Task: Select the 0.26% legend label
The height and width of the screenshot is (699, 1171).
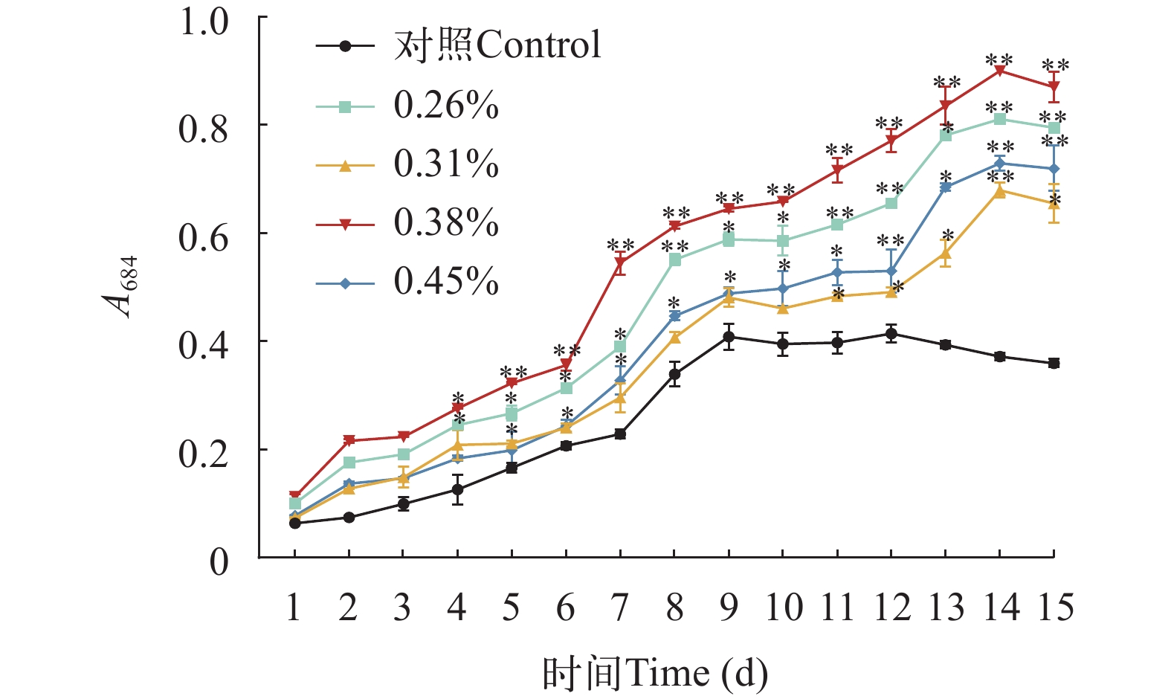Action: [x=446, y=106]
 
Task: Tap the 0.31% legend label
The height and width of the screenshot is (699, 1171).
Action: [x=446, y=164]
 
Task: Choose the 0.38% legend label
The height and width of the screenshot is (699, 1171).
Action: [x=446, y=222]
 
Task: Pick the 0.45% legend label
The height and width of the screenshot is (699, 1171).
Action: [x=446, y=282]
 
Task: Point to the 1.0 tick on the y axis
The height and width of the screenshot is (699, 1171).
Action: [x=204, y=22]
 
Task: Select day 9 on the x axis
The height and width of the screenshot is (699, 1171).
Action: [x=729, y=608]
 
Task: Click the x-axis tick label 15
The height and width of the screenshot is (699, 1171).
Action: [x=1054, y=608]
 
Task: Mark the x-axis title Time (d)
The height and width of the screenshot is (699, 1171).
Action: [x=654, y=674]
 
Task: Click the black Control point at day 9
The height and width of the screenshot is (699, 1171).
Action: [x=729, y=337]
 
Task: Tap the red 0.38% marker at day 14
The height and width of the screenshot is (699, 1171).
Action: [x=1000, y=71]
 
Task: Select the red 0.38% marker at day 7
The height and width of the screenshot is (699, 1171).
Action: [x=620, y=262]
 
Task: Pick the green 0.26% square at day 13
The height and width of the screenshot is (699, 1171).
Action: [x=946, y=135]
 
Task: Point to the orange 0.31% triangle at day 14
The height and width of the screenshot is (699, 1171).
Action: [x=1000, y=191]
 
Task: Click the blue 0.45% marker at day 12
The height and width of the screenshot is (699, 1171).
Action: [x=891, y=271]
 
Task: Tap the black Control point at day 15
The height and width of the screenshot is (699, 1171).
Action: [x=1054, y=363]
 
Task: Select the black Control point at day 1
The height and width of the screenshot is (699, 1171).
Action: [x=294, y=524]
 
